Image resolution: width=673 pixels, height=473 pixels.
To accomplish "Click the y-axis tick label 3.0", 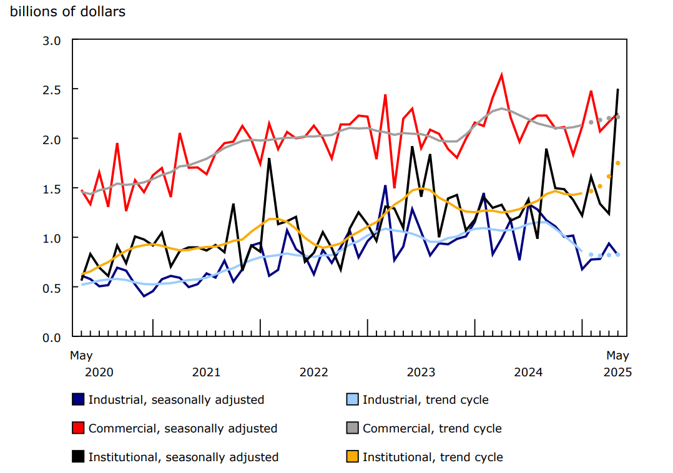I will click(52, 41).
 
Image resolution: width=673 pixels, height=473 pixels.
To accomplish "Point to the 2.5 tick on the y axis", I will click(52, 90).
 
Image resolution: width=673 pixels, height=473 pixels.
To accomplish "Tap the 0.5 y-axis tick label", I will click(52, 288).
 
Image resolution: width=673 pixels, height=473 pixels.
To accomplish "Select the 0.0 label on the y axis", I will click(52, 337).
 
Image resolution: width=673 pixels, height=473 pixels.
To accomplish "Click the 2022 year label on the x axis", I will click(313, 373).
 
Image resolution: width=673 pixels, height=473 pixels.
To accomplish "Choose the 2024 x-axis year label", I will click(528, 373).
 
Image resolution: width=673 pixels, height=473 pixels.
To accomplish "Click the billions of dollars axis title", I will click(67, 12).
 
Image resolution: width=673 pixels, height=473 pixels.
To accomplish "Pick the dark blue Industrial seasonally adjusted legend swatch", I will click(78, 399).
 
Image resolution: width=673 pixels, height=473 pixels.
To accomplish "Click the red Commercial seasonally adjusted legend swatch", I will click(78, 428).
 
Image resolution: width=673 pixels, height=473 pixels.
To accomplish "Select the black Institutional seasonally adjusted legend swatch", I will click(78, 457).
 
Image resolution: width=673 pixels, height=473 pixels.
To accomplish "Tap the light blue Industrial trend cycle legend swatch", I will click(352, 399).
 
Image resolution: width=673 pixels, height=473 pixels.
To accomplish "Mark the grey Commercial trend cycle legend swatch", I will click(352, 428).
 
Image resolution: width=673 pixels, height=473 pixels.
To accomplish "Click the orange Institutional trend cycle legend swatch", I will click(352, 457).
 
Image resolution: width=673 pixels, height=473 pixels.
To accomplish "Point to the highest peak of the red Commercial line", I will click(501, 75).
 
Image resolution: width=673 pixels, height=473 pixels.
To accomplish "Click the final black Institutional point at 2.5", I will click(618, 90).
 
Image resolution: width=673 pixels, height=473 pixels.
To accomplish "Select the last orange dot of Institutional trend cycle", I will click(618, 163).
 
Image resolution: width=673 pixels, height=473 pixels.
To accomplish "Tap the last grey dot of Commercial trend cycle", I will click(618, 117).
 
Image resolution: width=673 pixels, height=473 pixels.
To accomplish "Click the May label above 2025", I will click(618, 356).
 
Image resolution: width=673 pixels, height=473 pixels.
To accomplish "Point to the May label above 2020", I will click(81, 356).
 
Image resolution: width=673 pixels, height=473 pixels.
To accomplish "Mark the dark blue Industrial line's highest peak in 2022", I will click(287, 230).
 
